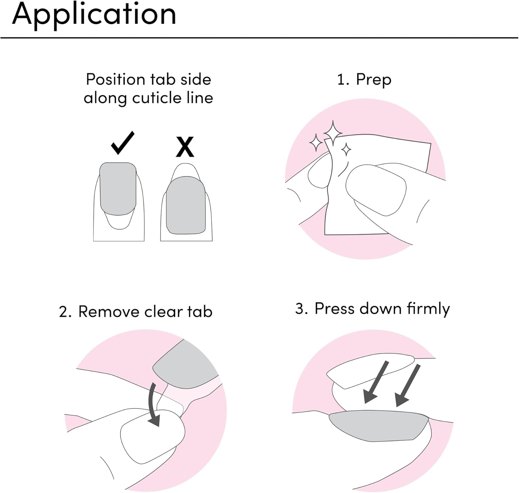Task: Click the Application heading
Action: coord(94,15)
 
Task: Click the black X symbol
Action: coord(185,147)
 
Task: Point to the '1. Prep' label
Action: coord(364,80)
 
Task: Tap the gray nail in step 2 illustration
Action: coord(185,367)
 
